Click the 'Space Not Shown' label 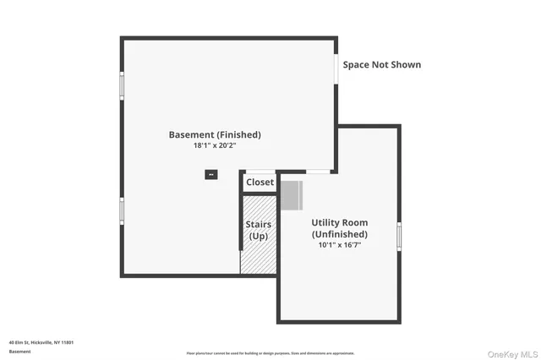point(381,64)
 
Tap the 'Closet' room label point(260,182)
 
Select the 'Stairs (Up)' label point(258,229)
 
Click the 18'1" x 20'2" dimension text point(215,145)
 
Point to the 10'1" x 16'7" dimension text point(339,245)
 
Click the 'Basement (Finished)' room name point(215,134)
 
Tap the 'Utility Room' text point(339,222)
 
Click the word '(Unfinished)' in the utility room point(339,234)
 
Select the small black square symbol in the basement point(210,175)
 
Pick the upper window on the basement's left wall point(122,85)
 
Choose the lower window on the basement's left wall point(122,210)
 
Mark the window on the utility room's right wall point(399,236)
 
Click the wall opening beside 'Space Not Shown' point(336,69)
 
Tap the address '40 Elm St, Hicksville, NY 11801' point(41,342)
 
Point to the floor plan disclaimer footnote point(270,353)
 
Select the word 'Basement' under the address point(19,352)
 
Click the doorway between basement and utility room point(318,172)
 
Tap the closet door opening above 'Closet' point(260,172)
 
